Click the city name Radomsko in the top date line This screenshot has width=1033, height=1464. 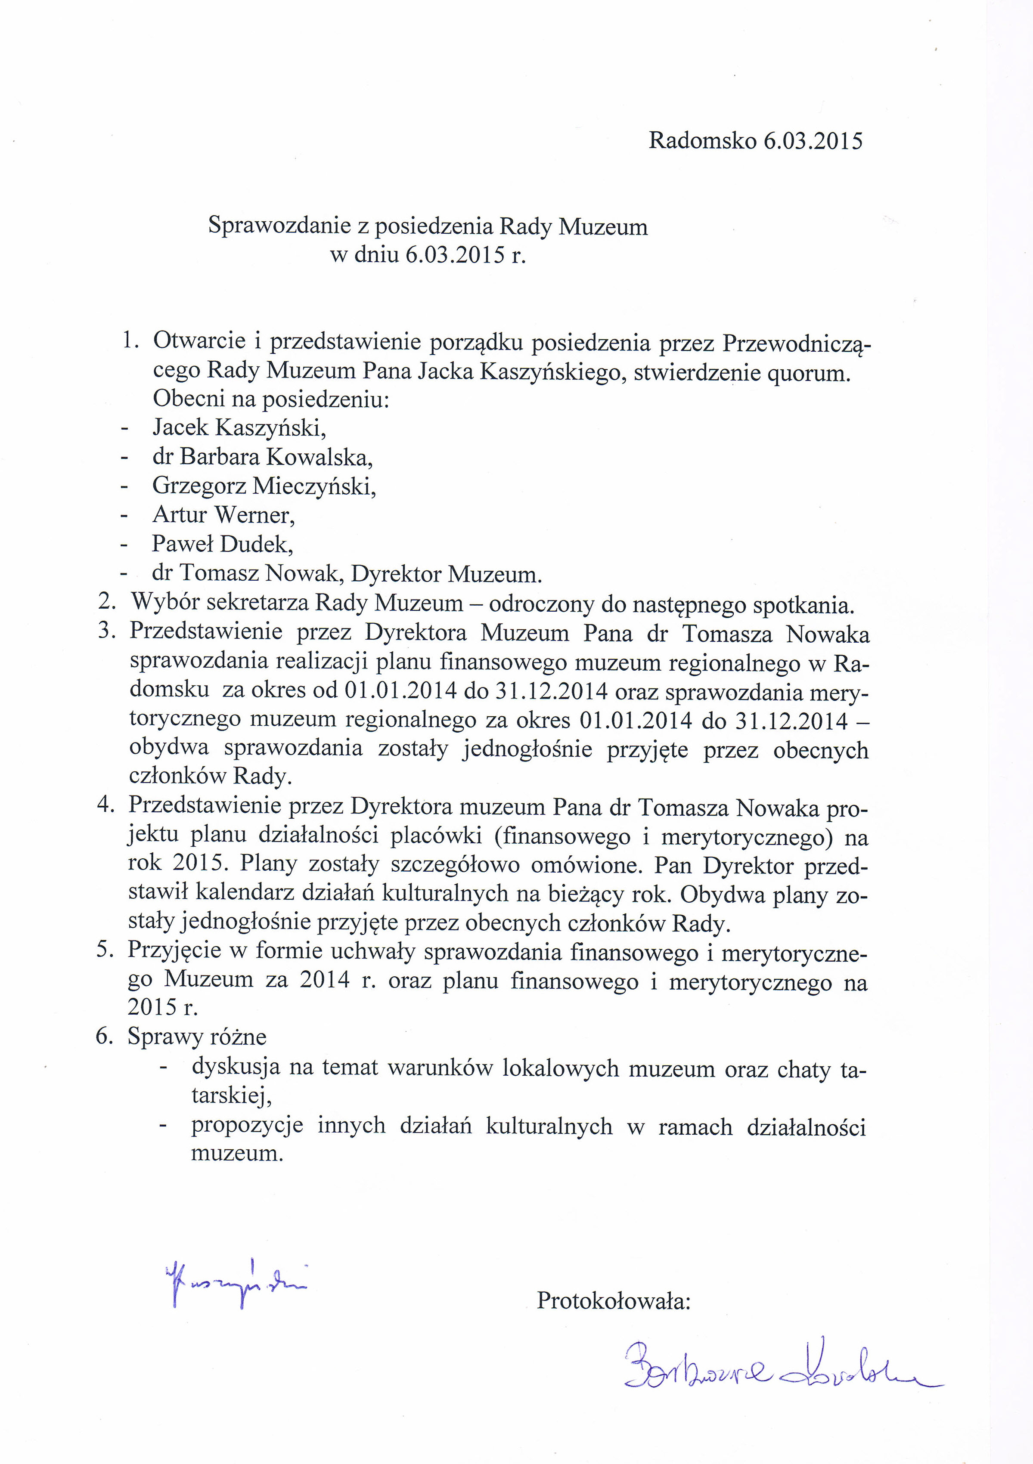click(702, 140)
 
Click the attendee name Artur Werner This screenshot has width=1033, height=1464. click(223, 514)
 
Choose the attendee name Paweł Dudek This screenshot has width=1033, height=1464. click(222, 544)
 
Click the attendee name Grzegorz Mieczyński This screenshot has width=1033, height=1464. click(264, 486)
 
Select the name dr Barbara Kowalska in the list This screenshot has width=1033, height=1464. click(262, 457)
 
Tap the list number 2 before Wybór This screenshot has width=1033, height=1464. click(106, 602)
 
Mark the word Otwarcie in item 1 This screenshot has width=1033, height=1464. click(199, 341)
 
